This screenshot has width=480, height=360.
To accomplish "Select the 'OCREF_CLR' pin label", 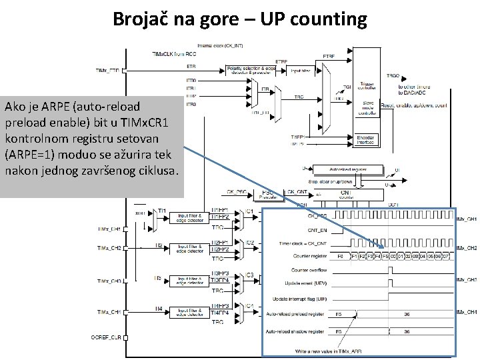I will click(107, 337).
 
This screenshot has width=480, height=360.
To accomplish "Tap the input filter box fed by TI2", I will click(191, 247).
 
